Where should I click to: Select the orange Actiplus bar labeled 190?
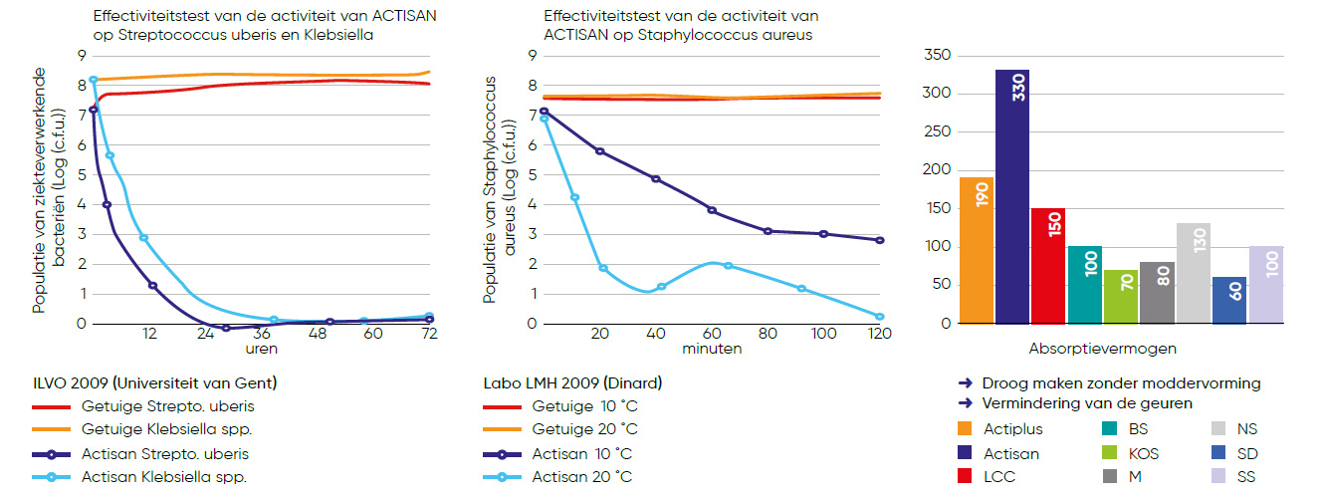(x=977, y=251)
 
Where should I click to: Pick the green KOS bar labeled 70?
(x=1121, y=297)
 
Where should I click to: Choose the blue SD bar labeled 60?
(x=1228, y=301)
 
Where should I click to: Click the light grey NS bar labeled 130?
(x=1193, y=274)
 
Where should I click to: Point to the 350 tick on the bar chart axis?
(x=937, y=56)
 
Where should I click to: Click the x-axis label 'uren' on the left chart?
(x=263, y=349)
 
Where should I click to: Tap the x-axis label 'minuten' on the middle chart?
(x=711, y=349)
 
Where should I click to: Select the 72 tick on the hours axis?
(x=429, y=335)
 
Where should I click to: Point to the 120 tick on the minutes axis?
(x=879, y=335)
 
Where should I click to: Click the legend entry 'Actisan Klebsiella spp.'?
(x=164, y=477)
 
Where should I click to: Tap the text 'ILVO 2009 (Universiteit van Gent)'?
(x=154, y=383)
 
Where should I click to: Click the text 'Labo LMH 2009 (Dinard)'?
(x=572, y=383)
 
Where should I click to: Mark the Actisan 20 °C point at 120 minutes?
(x=879, y=317)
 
